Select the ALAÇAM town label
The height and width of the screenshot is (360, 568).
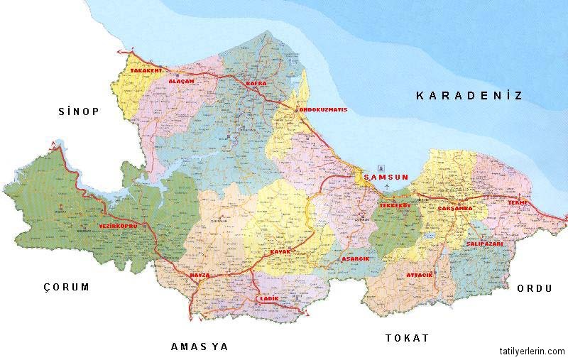pyautogui.click(x=181, y=82)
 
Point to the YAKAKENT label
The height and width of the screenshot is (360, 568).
pyautogui.click(x=146, y=71)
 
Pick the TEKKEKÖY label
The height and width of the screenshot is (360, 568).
pyautogui.click(x=396, y=205)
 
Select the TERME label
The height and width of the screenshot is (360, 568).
pyautogui.click(x=517, y=203)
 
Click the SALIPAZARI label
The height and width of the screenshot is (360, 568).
pyautogui.click(x=485, y=244)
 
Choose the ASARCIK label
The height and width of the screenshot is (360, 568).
pyautogui.click(x=356, y=259)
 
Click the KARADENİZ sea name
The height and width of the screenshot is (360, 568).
pyautogui.click(x=469, y=95)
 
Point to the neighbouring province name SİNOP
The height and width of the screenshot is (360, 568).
pyautogui.click(x=78, y=111)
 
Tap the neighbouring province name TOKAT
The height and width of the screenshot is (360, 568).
pyautogui.click(x=407, y=338)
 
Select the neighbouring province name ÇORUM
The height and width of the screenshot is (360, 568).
pyautogui.click(x=67, y=288)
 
